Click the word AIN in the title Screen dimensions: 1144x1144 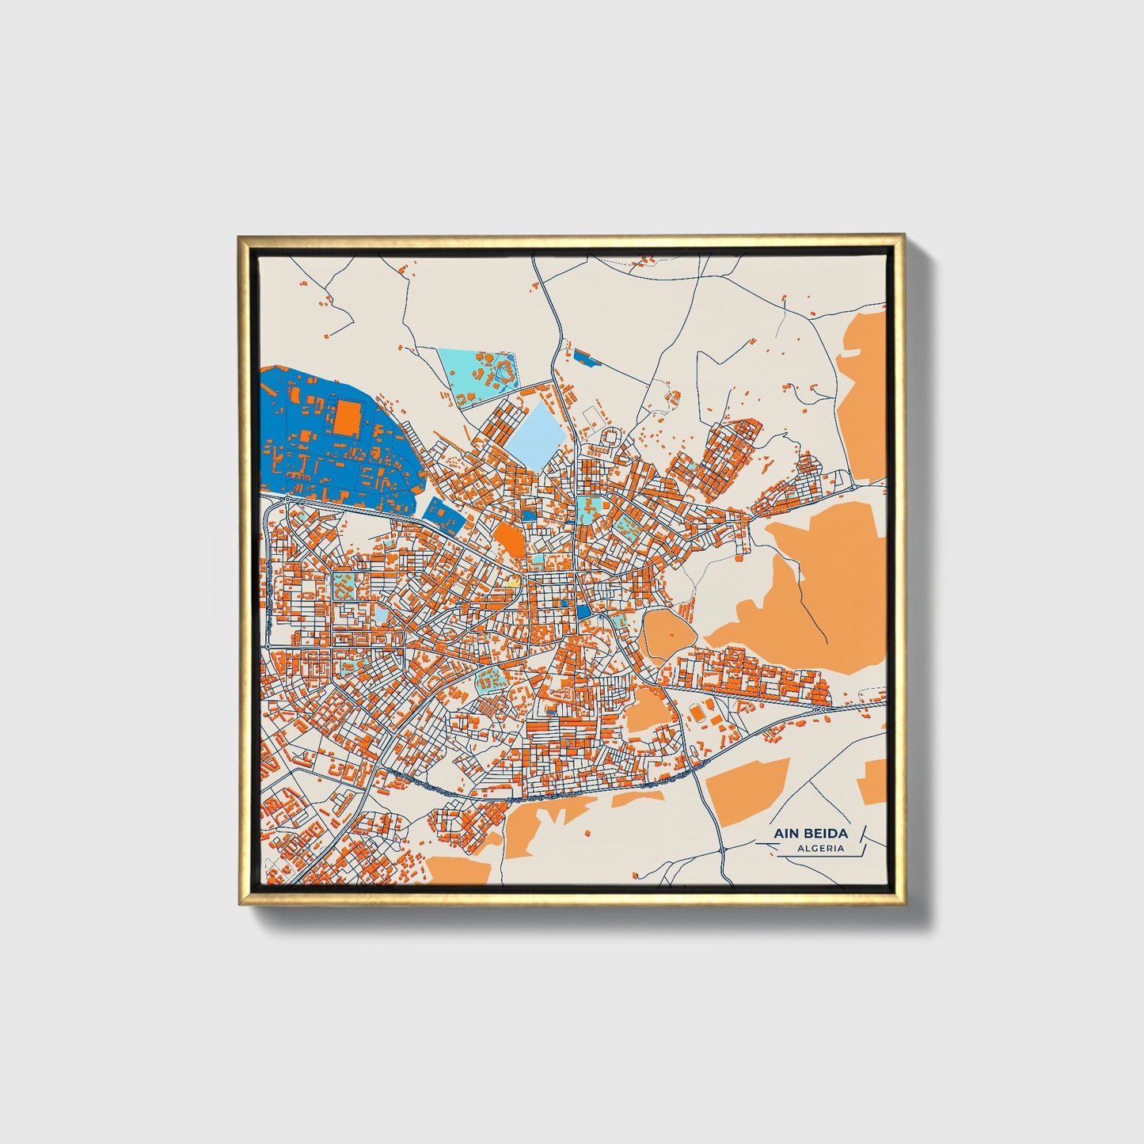point(789,834)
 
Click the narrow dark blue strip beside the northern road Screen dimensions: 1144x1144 point(587,359)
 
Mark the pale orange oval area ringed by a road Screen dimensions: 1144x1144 point(667,633)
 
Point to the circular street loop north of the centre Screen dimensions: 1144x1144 point(611,435)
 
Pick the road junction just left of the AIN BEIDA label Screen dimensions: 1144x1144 point(723,849)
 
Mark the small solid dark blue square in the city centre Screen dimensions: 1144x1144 point(584,611)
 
